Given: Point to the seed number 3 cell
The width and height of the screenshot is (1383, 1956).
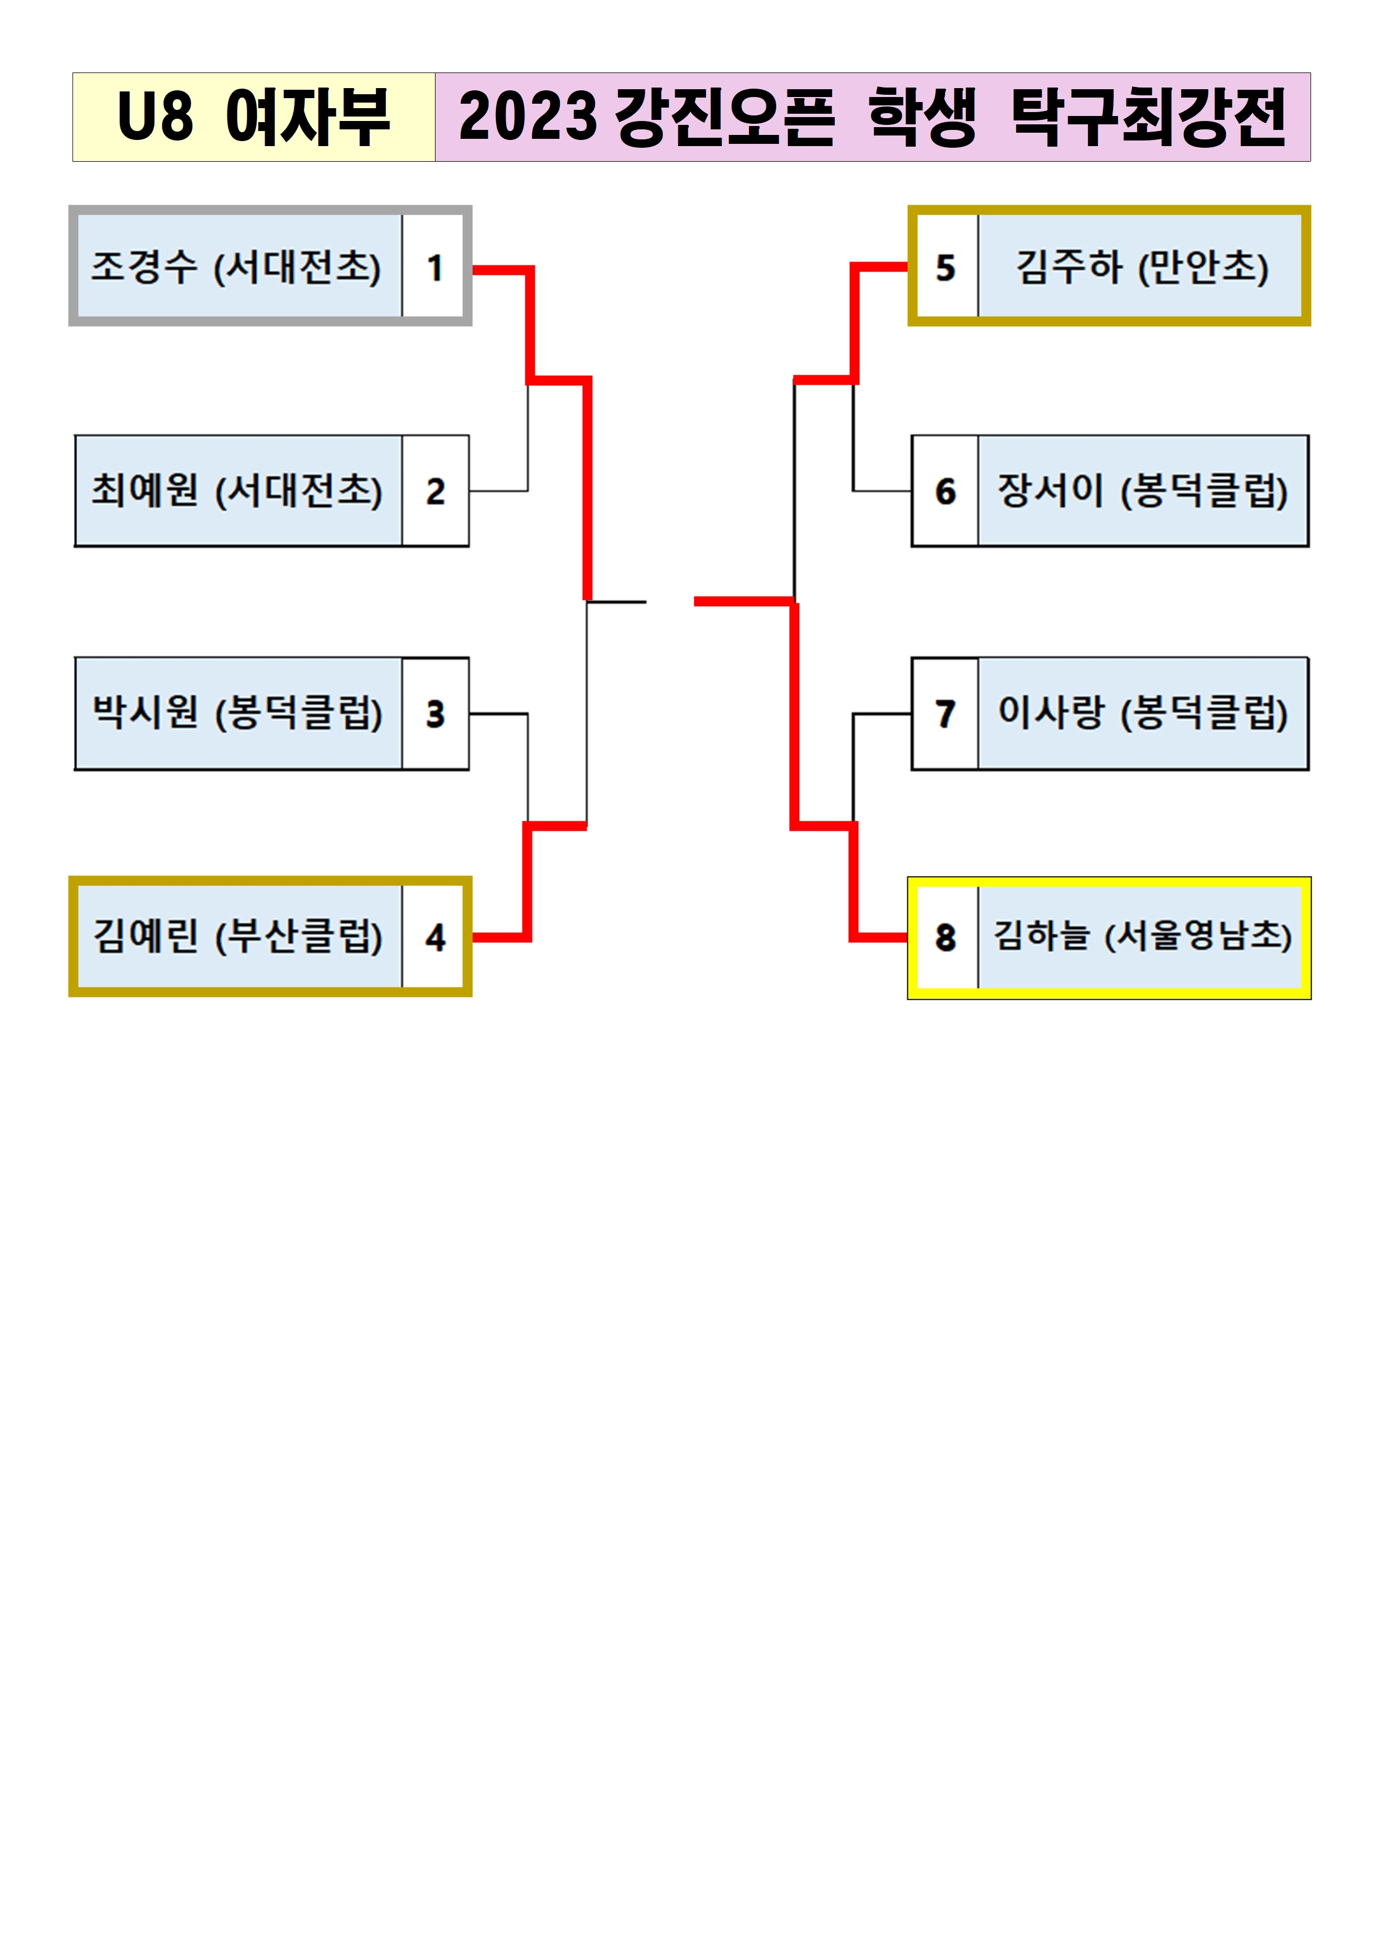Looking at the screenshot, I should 434,714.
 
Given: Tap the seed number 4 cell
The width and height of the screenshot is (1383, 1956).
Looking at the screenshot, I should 434,937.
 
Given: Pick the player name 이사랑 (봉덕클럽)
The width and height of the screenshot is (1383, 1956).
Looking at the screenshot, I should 1142,714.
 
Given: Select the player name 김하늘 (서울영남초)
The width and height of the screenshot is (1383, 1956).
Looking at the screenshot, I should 1142,937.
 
